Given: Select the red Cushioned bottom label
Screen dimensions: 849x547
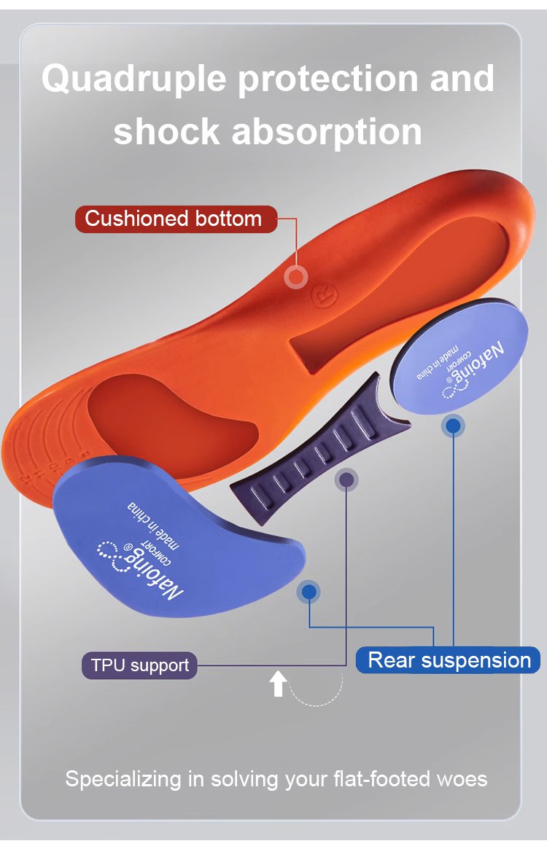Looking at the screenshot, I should (174, 219).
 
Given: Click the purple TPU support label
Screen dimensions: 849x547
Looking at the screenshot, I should (139, 665).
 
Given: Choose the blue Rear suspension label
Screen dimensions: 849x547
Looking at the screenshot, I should (449, 660).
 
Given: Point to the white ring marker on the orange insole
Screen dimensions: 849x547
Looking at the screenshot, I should (295, 277).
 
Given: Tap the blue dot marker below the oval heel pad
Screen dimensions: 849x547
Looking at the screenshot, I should (453, 426).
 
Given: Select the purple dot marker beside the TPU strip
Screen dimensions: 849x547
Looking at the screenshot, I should (346, 480).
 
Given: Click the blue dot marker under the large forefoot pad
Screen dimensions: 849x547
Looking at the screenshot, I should (309, 592).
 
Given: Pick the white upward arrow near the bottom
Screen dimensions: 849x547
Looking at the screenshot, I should (277, 684).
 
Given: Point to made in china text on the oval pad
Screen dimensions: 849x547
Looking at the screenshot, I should (438, 361).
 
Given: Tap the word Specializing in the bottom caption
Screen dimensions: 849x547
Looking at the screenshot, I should (123, 779).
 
